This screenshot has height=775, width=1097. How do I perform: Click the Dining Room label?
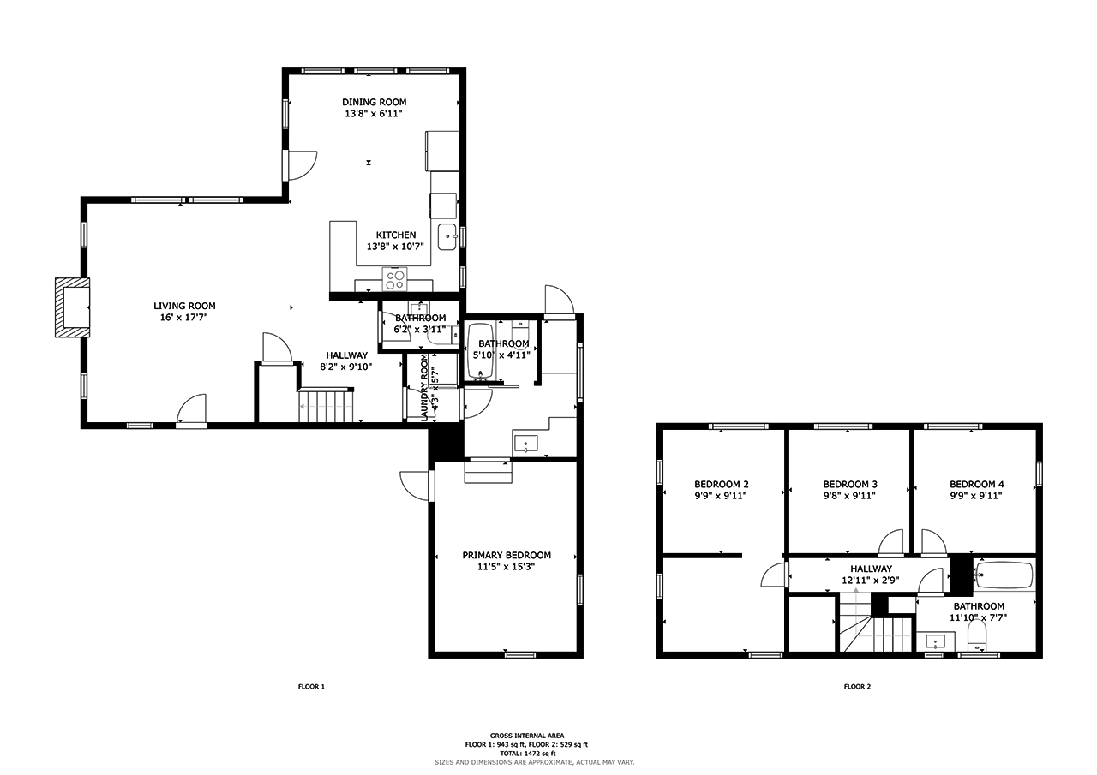pyautogui.click(x=375, y=102)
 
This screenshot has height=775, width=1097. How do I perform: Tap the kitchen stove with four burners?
pyautogui.click(x=395, y=279)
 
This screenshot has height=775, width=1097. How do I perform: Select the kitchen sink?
pyautogui.click(x=447, y=237)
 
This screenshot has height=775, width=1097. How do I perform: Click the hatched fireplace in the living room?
pyautogui.click(x=73, y=307)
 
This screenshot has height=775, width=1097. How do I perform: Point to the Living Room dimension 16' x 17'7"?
pyautogui.click(x=184, y=318)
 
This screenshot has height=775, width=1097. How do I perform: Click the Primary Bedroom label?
pyautogui.click(x=507, y=555)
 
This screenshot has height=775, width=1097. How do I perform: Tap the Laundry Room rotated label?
pyautogui.click(x=424, y=387)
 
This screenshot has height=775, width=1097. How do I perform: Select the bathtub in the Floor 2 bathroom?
pyautogui.click(x=1004, y=575)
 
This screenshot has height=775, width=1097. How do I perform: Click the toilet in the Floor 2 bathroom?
pyautogui.click(x=977, y=636)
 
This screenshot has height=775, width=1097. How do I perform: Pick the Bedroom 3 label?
pyautogui.click(x=849, y=485)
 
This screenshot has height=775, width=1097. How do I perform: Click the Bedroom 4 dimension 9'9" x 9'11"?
pyautogui.click(x=976, y=496)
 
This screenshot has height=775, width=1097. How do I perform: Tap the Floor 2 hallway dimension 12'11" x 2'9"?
pyautogui.click(x=870, y=581)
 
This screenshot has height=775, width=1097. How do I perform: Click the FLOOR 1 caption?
pyautogui.click(x=311, y=687)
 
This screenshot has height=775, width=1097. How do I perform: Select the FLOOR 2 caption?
pyautogui.click(x=857, y=687)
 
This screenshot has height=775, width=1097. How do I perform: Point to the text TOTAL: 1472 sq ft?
pyautogui.click(x=527, y=754)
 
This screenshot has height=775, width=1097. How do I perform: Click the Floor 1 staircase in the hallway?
pyautogui.click(x=326, y=405)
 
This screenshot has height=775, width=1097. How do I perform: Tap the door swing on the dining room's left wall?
pyautogui.click(x=303, y=165)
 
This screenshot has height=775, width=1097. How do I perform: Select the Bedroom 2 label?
pyautogui.click(x=721, y=485)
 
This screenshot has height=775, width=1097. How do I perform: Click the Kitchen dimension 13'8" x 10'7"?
pyautogui.click(x=395, y=247)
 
